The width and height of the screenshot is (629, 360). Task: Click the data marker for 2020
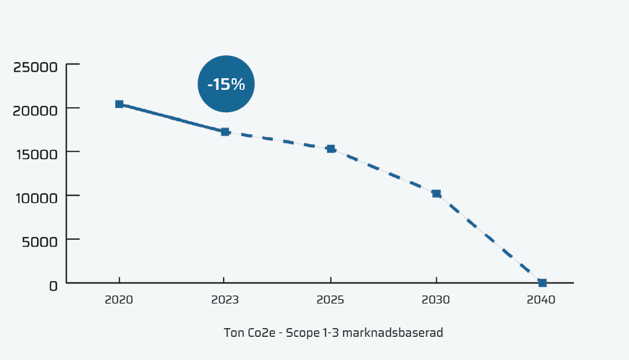click(119, 104)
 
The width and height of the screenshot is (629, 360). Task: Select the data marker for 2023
click(225, 132)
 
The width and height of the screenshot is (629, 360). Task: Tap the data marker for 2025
click(331, 148)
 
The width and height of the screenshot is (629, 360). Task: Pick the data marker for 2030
click(436, 193)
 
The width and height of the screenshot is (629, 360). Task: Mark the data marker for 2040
click(542, 282)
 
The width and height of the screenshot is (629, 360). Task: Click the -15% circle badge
click(226, 84)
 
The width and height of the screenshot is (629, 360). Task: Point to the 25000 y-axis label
click(35, 67)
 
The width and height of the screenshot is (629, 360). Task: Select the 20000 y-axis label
click(35, 111)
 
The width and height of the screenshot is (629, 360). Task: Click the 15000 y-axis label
click(35, 154)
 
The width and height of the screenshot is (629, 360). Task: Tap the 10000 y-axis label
click(35, 198)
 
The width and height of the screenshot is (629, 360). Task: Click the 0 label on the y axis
click(53, 285)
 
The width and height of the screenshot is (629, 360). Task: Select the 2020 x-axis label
click(119, 299)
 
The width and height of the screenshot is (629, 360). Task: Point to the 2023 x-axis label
click(224, 299)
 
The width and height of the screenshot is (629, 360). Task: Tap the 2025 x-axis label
click(330, 299)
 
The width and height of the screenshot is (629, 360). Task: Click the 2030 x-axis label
click(436, 299)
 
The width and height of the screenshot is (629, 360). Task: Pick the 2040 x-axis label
click(541, 299)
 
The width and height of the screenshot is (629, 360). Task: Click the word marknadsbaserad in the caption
click(402, 333)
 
